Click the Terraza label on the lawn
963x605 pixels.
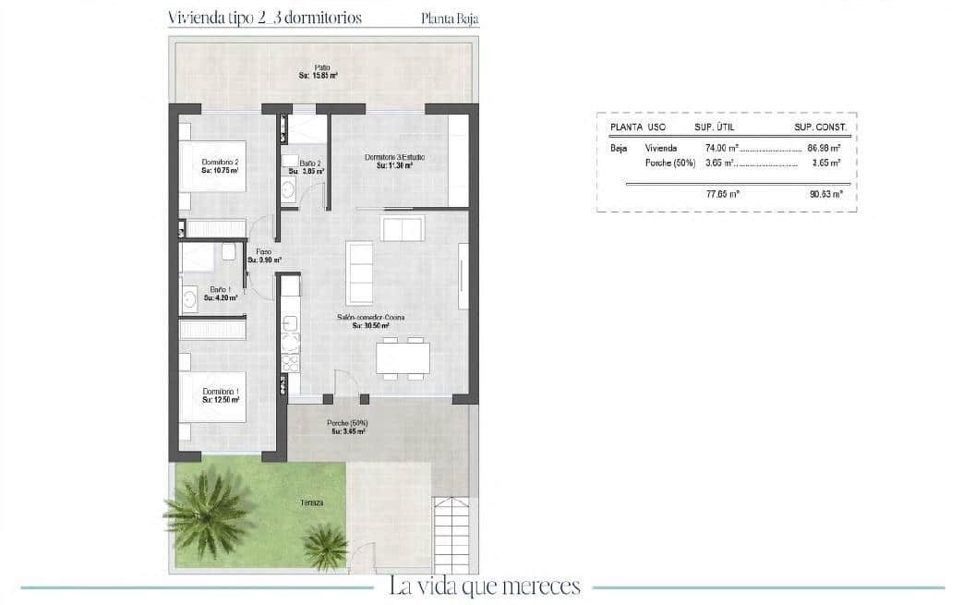point(311,502)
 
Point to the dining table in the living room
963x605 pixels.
point(403,357)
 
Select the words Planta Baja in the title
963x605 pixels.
point(450,18)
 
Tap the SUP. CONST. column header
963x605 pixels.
point(820,127)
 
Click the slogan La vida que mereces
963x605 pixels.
point(485,586)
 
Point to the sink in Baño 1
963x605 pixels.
point(190,297)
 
